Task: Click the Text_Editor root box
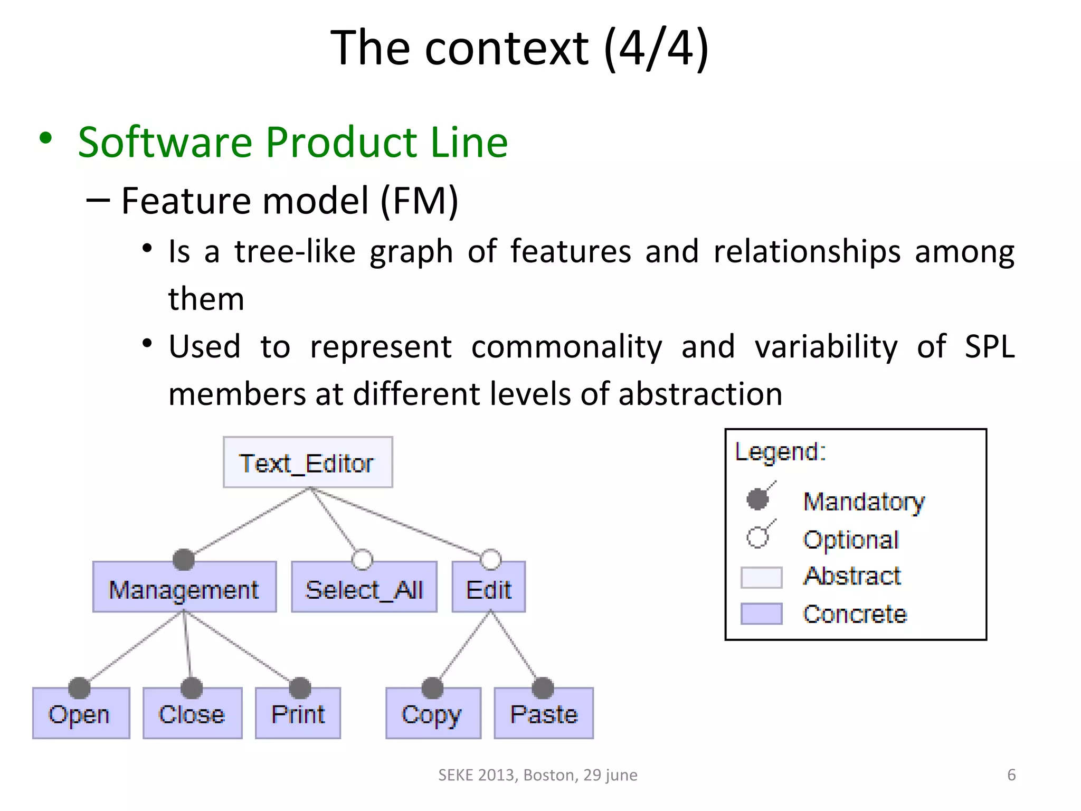tap(307, 463)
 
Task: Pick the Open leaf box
tap(81, 714)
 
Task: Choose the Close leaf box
tap(192, 714)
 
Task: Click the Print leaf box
tap(298, 714)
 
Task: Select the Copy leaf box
tap(433, 714)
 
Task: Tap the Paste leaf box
tap(544, 714)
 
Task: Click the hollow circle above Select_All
tap(362, 560)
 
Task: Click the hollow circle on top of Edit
tap(491, 560)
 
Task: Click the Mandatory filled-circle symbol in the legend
tap(758, 499)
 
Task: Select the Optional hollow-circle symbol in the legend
tap(758, 537)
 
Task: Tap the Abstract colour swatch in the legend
tap(761, 577)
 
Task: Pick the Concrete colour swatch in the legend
tap(761, 614)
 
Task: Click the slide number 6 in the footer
tap(1011, 775)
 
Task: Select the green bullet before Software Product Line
tap(46, 138)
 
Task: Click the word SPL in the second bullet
tap(989, 346)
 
